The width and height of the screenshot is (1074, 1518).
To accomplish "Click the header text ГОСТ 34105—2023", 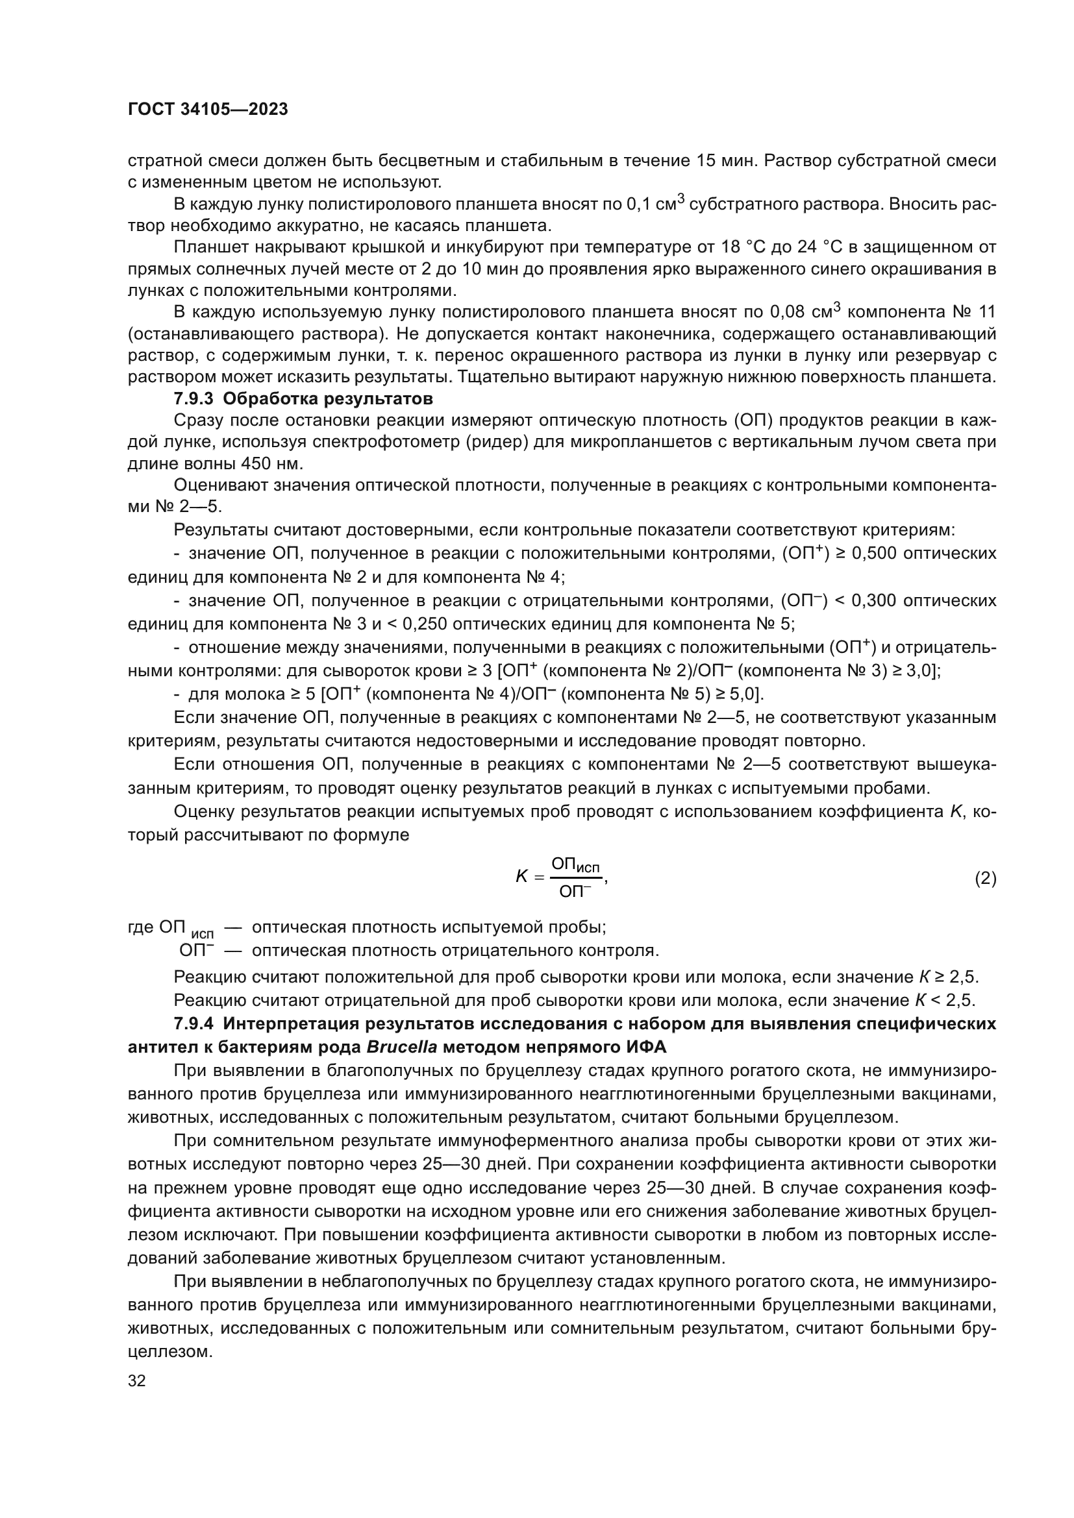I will point(208,110).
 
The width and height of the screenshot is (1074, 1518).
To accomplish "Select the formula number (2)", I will point(986,879).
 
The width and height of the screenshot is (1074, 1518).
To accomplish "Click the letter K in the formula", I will point(521,877).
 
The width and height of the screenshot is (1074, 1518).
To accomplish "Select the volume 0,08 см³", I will point(805,312).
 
